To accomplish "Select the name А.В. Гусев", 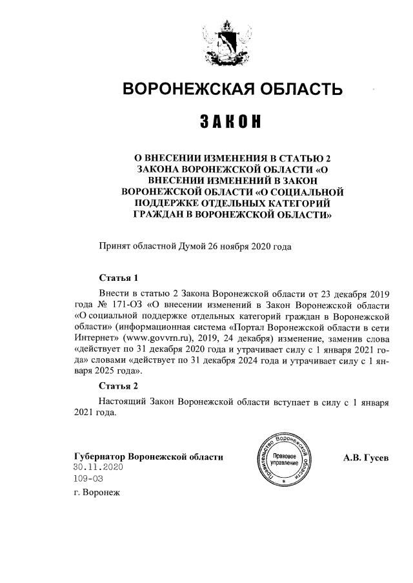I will click(x=366, y=458).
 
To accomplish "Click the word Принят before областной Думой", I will click(x=114, y=247).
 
